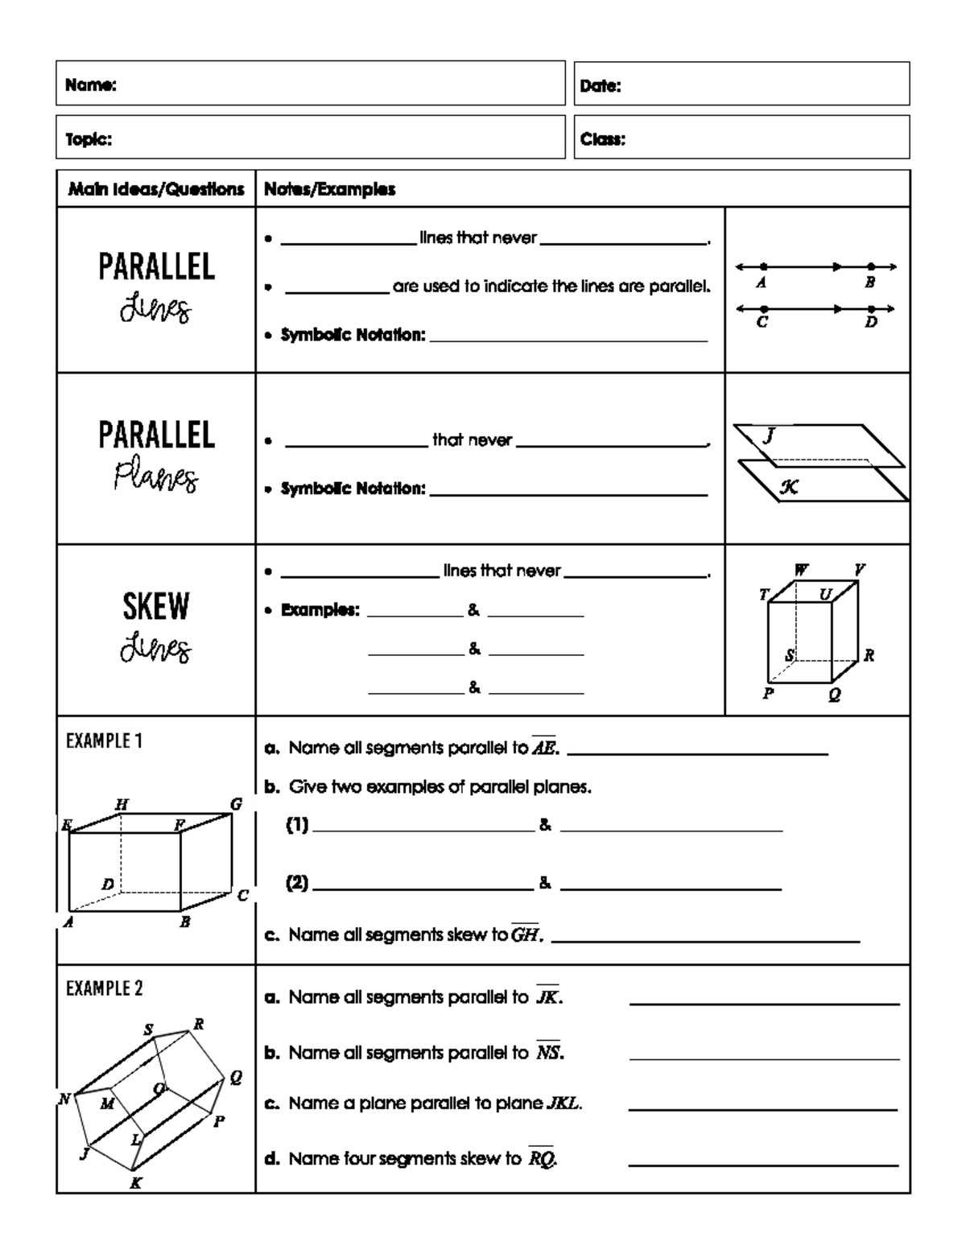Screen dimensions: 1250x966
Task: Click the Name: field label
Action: tap(91, 85)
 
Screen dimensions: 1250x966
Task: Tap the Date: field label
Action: tap(601, 86)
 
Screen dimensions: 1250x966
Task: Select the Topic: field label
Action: tap(89, 139)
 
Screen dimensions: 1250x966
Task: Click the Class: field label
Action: tap(603, 139)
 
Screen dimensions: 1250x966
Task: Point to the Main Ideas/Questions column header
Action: tap(156, 189)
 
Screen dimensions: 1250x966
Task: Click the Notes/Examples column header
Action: tap(329, 189)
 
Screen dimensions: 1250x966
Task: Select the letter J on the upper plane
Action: tap(769, 435)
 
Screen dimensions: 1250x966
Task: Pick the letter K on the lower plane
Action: tap(789, 486)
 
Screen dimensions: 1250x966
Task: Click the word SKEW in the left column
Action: tap(156, 607)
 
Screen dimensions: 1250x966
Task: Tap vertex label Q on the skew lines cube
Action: tap(834, 695)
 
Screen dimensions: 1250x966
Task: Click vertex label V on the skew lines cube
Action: tap(859, 570)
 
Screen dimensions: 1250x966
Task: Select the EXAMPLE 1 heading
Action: tap(104, 741)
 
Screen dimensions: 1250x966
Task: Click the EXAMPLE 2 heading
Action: tap(104, 988)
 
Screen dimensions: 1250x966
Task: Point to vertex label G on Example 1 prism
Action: tap(236, 804)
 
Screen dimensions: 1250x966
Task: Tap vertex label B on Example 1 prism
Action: tap(185, 922)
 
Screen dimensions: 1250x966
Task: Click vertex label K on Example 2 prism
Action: tap(136, 1182)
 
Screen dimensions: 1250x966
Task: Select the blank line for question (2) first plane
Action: tap(423, 889)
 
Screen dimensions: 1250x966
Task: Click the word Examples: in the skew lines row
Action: tap(320, 610)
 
